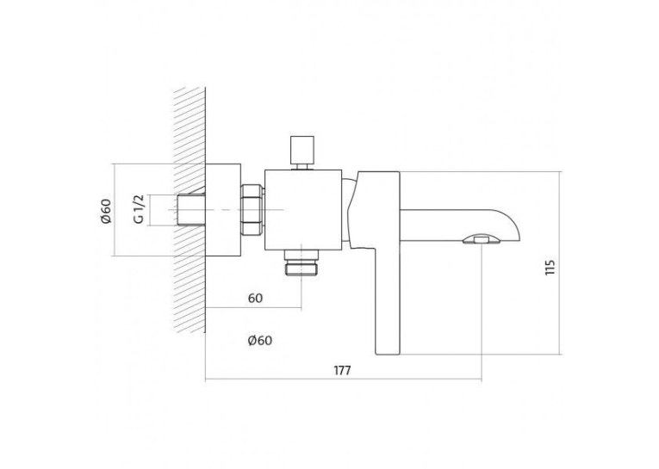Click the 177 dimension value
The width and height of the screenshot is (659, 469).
pyautogui.click(x=342, y=371)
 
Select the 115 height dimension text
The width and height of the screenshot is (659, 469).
pyautogui.click(x=550, y=267)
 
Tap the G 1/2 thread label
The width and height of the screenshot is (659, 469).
pyautogui.click(x=140, y=209)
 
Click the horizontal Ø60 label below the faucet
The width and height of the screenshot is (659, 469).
pyautogui.click(x=260, y=340)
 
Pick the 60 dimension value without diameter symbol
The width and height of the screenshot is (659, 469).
pyautogui.click(x=255, y=298)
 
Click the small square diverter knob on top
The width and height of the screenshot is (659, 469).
pyautogui.click(x=302, y=150)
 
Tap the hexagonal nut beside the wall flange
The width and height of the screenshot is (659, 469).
pyautogui.click(x=252, y=209)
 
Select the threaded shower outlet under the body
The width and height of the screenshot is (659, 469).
pyautogui.click(x=302, y=262)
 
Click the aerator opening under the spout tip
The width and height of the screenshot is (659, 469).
pyautogui.click(x=482, y=240)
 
